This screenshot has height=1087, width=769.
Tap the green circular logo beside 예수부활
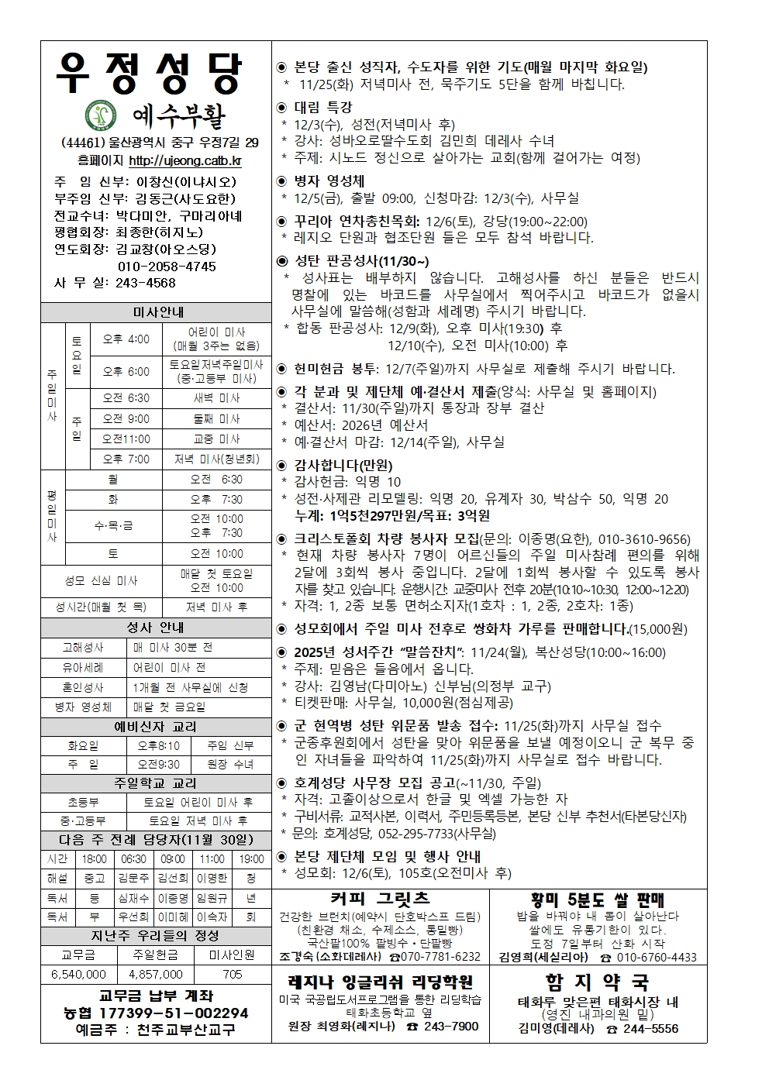(x=98, y=116)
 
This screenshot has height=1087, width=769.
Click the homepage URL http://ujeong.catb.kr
(x=184, y=161)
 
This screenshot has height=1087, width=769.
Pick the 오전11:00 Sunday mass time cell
(x=126, y=439)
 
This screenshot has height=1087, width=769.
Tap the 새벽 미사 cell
(x=216, y=398)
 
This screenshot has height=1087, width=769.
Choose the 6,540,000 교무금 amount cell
(x=78, y=975)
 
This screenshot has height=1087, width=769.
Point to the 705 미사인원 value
(x=232, y=975)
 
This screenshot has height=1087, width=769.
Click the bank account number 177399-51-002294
(x=156, y=1013)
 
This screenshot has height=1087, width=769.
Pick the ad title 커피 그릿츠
(x=379, y=899)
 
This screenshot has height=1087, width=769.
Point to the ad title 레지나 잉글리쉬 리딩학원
(x=379, y=982)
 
